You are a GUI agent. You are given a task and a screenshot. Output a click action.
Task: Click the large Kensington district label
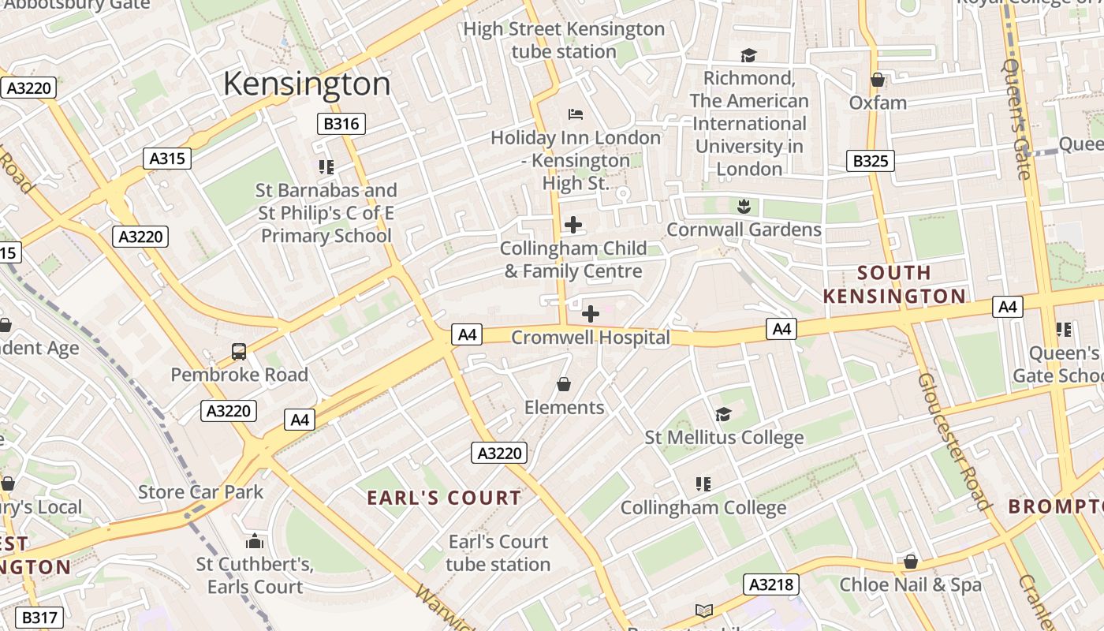click(307, 84)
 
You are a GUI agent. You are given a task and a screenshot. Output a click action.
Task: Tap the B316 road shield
click(341, 124)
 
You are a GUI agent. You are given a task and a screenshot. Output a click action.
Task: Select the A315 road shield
click(167, 159)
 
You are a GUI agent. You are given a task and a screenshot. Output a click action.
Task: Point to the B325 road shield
click(871, 161)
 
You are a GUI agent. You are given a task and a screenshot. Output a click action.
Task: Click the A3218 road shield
click(770, 584)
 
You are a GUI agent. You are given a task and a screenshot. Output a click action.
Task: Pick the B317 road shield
click(39, 618)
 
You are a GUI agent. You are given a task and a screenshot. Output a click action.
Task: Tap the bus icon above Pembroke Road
click(238, 352)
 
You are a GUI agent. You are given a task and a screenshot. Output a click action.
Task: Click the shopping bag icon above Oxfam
click(877, 80)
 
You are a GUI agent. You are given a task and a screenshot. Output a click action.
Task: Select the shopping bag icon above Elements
click(564, 384)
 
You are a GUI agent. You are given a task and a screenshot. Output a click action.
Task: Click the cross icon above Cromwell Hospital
click(590, 314)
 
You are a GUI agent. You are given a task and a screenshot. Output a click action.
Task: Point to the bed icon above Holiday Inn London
click(576, 114)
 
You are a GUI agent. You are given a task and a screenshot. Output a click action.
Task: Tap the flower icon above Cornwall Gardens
click(743, 207)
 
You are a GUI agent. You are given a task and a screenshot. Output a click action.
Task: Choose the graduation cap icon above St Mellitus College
click(723, 414)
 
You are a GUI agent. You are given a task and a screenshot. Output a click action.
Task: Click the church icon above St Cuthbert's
click(254, 541)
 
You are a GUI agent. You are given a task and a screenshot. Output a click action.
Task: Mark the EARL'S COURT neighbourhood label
click(444, 498)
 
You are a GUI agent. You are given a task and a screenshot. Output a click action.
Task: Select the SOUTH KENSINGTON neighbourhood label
click(894, 285)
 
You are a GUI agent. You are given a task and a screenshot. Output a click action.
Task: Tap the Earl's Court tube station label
click(498, 553)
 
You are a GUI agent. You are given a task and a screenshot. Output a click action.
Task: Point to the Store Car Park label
click(201, 492)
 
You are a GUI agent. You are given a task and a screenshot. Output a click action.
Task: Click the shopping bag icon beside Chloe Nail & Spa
click(910, 562)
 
